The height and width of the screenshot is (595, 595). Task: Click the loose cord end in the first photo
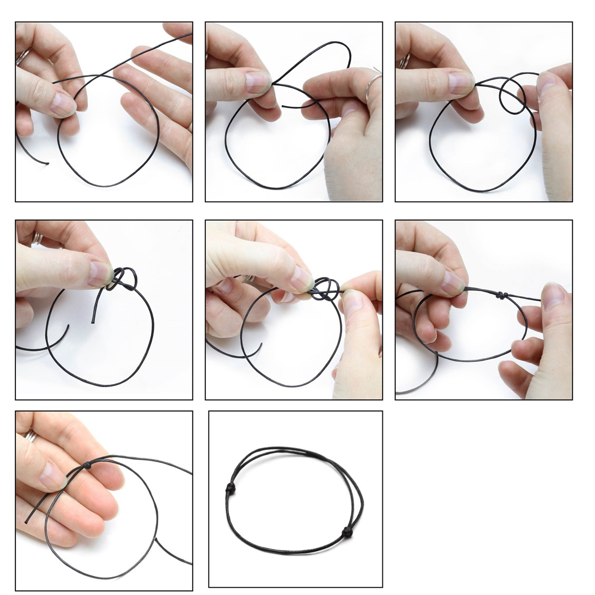pos(47,163)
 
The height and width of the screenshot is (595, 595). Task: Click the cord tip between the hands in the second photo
pos(284,106)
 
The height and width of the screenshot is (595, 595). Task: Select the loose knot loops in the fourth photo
pos(123,277)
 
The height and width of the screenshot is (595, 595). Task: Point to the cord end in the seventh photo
pos(26,522)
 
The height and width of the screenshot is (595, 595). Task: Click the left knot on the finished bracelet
pos(231,486)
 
